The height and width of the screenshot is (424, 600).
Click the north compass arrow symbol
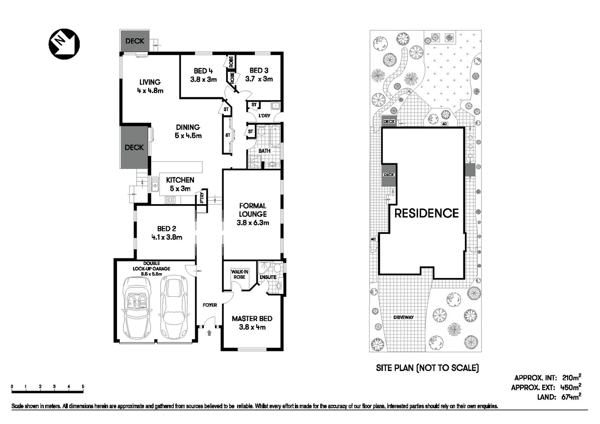[64, 43]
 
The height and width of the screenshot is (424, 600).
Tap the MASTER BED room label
[252, 319]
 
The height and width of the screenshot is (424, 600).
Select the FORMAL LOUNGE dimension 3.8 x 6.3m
[252, 223]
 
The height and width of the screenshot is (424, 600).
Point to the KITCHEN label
[180, 180]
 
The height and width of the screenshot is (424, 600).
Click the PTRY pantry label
[202, 197]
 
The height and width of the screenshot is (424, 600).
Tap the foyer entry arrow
[209, 333]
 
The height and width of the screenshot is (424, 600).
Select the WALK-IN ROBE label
[239, 274]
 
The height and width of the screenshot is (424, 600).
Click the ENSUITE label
[268, 277]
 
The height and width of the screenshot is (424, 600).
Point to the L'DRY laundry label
[264, 116]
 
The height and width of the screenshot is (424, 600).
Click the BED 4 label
[203, 71]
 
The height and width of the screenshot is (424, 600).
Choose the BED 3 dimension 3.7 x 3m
[259, 79]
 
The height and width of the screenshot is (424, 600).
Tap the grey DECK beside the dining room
[134, 147]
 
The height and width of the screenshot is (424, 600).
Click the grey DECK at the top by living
[134, 41]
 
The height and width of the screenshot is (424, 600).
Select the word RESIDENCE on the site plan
[426, 214]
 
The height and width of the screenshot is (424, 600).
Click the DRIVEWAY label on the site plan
[403, 317]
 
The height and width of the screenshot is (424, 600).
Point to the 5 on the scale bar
[83, 387]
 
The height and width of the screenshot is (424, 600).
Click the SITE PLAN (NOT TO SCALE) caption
[427, 368]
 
